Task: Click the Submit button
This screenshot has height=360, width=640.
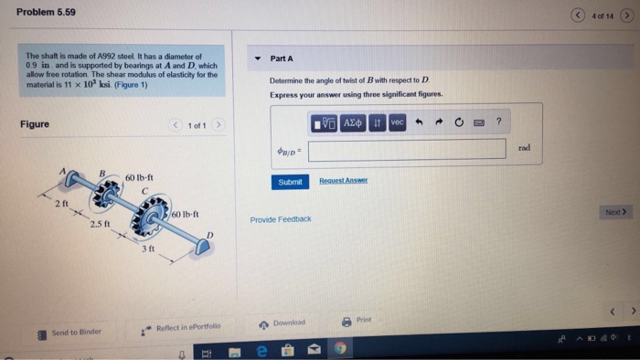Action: [x=290, y=182]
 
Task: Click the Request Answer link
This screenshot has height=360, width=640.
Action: [x=343, y=181]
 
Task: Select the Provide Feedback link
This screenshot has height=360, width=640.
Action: [x=281, y=219]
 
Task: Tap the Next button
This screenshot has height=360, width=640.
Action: [x=617, y=212]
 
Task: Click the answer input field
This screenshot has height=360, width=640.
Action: [x=407, y=149]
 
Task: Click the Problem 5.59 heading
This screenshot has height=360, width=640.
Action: [x=47, y=12]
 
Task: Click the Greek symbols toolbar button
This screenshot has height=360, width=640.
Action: [x=354, y=122]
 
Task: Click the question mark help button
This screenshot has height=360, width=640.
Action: [x=498, y=122]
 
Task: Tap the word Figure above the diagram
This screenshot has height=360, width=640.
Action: [x=35, y=124]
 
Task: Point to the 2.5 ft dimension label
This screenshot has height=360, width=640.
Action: [x=100, y=224]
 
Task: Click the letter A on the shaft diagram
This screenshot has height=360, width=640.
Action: [x=63, y=171]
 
